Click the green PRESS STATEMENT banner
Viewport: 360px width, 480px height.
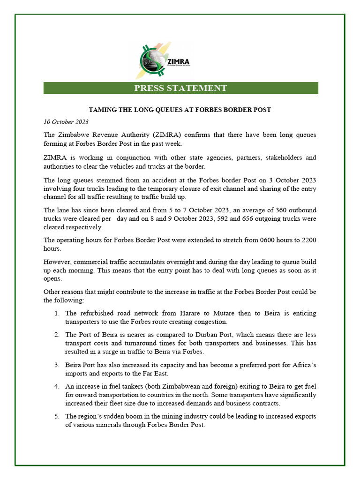point(180,88)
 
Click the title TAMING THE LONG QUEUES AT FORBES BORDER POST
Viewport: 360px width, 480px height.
point(180,110)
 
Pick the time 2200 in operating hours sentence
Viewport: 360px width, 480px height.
point(308,240)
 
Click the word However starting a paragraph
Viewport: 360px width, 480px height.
point(58,262)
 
